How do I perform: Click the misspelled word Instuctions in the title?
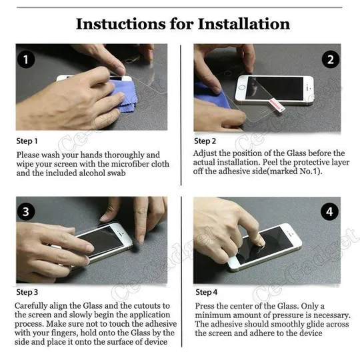[x=121, y=24]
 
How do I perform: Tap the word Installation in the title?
[x=243, y=24]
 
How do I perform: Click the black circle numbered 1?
[x=26, y=59]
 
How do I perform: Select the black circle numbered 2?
[x=330, y=60]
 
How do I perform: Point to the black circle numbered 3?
[x=26, y=211]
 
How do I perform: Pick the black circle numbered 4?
[x=329, y=212]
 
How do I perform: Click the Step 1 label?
[x=27, y=141]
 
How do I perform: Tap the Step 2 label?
[x=205, y=141]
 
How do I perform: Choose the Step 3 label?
[x=27, y=292]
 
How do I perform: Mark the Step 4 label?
[x=206, y=292]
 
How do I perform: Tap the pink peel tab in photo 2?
[x=277, y=104]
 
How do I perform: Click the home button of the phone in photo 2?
[x=242, y=87]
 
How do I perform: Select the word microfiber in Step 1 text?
[x=129, y=164]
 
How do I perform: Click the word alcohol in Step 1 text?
[x=91, y=173]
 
